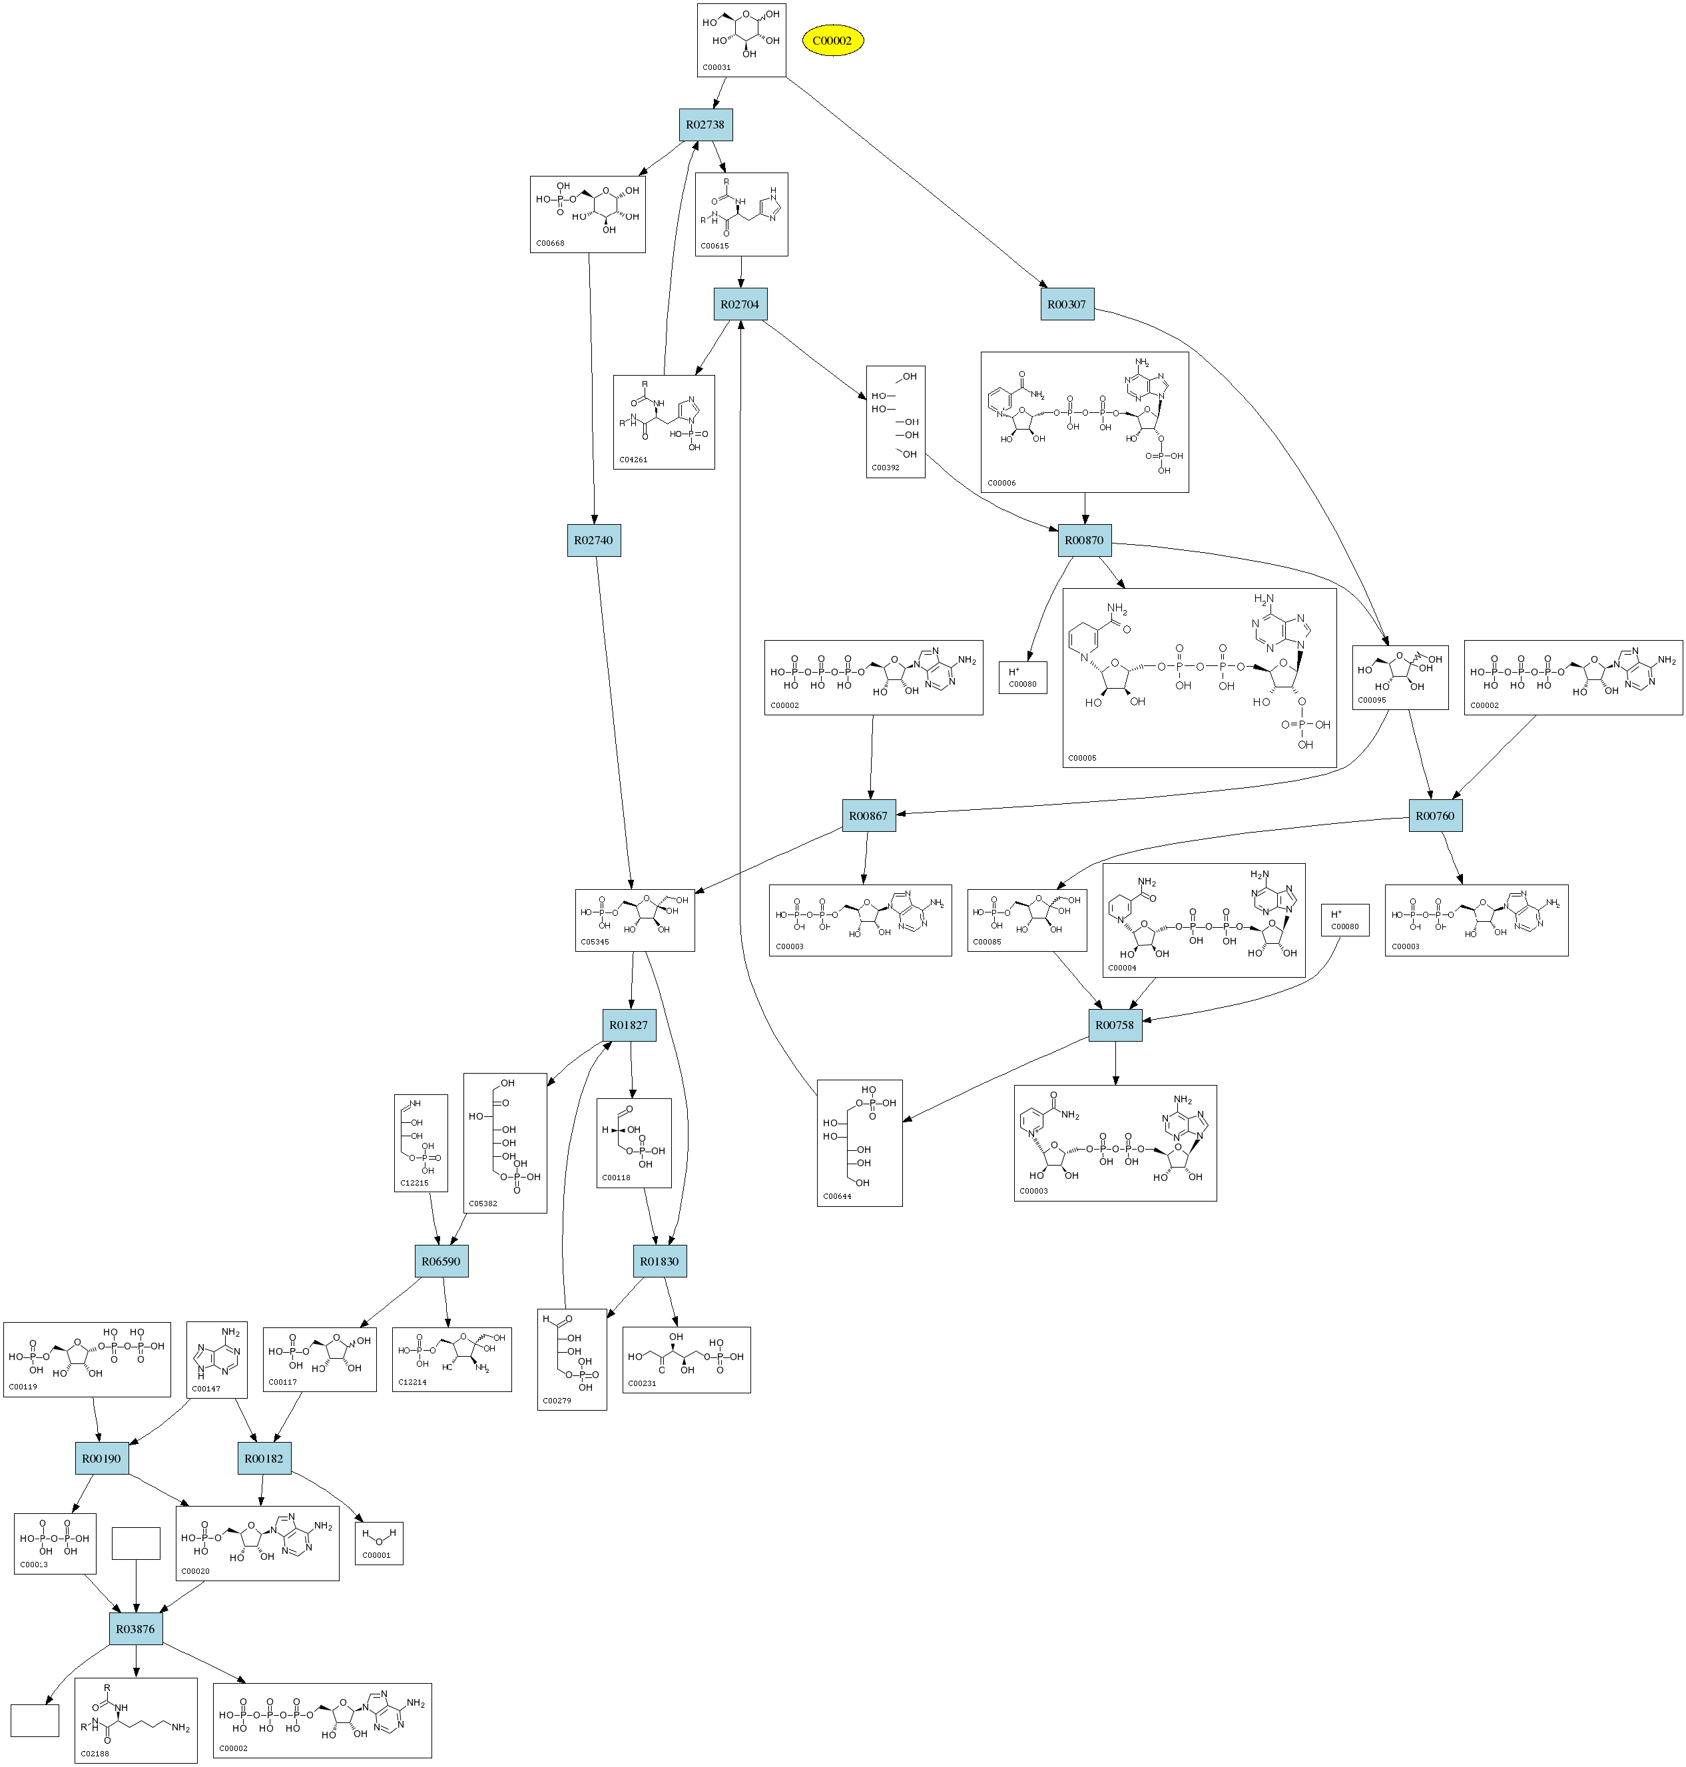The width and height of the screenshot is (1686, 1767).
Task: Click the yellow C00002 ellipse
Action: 832,41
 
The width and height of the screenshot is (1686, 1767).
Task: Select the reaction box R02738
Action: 705,125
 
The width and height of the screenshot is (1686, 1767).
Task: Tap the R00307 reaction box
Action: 1067,304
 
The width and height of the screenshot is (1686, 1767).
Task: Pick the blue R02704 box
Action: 740,304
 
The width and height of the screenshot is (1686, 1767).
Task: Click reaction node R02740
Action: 593,540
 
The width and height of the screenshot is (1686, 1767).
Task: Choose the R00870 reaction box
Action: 1084,540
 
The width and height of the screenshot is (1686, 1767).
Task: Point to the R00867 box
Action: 868,816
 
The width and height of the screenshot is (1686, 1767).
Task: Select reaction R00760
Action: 1434,816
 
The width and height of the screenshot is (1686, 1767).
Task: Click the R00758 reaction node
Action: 1115,1026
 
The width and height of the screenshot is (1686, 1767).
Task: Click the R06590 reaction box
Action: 441,1262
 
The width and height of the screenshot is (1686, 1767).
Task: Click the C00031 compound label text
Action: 716,67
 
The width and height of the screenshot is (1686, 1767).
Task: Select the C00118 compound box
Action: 634,1142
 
